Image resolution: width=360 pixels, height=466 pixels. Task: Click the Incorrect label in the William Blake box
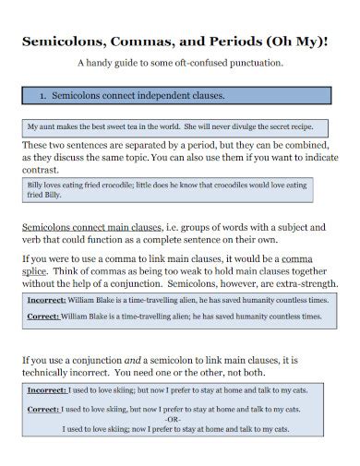(47, 300)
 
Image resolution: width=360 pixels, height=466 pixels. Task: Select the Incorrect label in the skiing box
(47, 390)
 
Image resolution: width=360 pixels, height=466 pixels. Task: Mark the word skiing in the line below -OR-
(123, 429)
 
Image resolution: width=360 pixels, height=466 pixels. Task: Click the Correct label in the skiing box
(44, 408)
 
